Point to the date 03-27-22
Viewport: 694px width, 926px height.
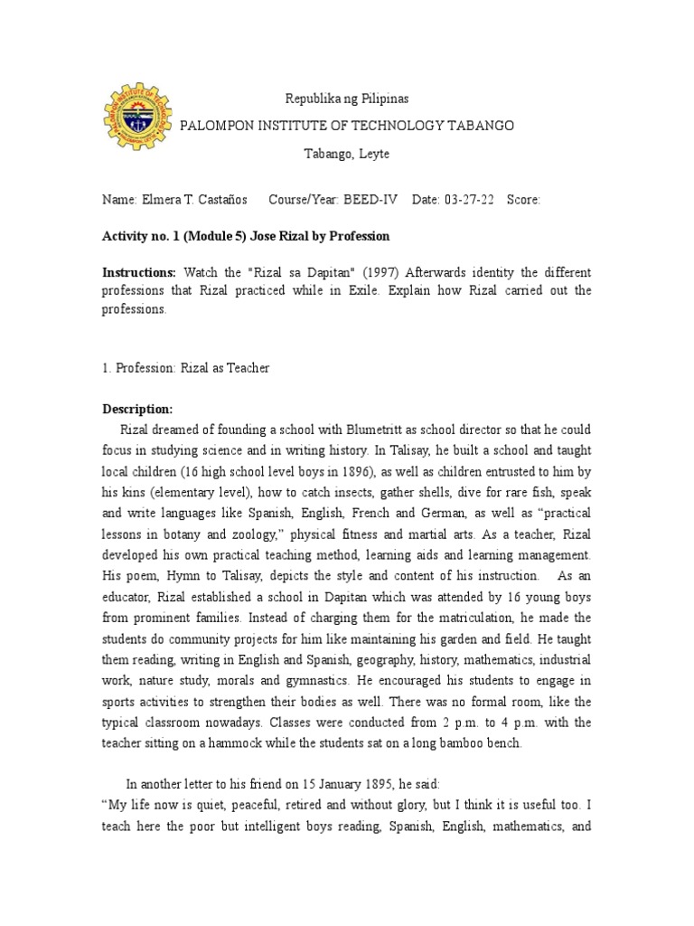click(x=469, y=200)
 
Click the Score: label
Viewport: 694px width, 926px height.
click(x=524, y=200)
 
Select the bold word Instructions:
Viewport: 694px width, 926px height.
click(x=139, y=272)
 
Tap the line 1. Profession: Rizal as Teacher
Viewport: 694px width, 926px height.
click(x=185, y=368)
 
